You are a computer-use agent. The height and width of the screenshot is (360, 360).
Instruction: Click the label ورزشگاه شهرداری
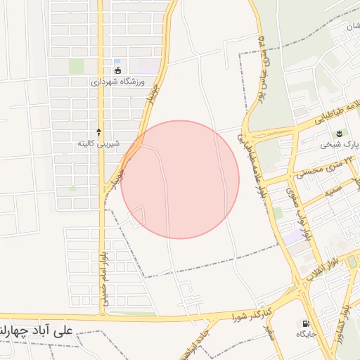tap(117, 82)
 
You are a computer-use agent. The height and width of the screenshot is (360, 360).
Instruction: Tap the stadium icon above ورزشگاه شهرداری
tap(117, 70)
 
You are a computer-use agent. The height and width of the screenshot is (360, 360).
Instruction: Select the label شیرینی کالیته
tap(98, 143)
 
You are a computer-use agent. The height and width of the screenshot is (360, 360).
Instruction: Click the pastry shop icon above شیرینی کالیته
tap(98, 131)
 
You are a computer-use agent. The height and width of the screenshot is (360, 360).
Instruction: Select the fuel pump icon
tap(307, 322)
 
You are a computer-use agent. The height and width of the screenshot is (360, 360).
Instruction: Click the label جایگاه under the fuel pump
tap(307, 333)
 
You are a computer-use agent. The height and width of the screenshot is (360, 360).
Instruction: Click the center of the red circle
tap(180, 179)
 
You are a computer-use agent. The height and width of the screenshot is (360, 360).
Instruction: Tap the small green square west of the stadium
tap(76, 66)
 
